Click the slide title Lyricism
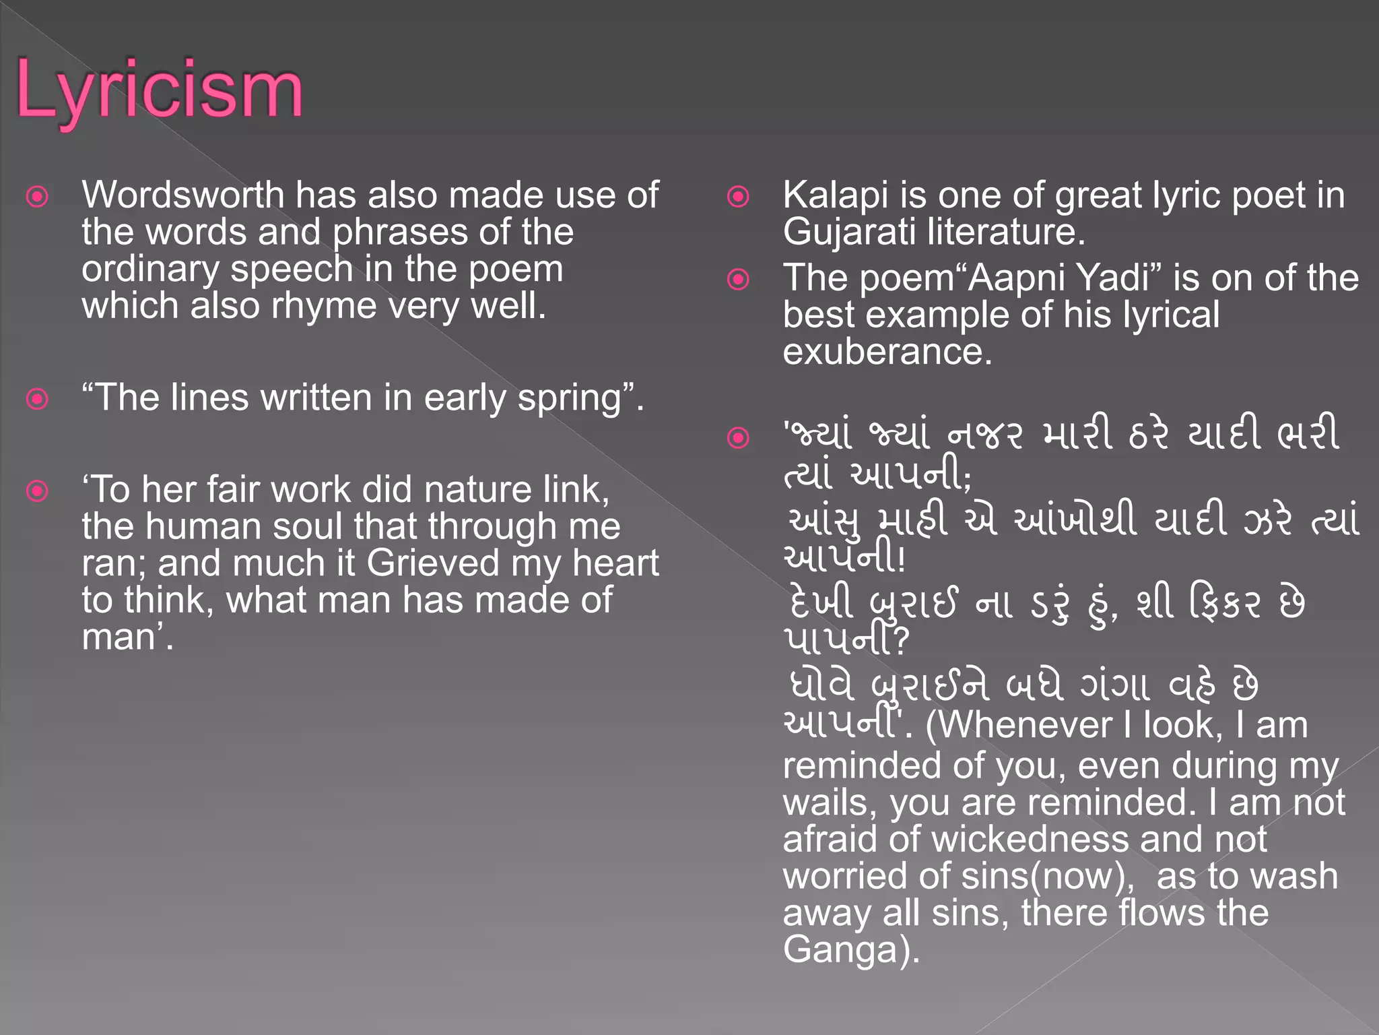[x=159, y=90]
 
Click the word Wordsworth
[x=182, y=195]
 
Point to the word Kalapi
[x=836, y=195]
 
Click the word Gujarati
[x=849, y=232]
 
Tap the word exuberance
[x=887, y=352]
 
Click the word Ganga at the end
[x=842, y=950]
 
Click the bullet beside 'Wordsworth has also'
[x=37, y=197]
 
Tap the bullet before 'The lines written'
[x=37, y=399]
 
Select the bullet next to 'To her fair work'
[x=37, y=491]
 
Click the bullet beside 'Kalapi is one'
[x=738, y=197]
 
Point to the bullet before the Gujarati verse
[x=738, y=438]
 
